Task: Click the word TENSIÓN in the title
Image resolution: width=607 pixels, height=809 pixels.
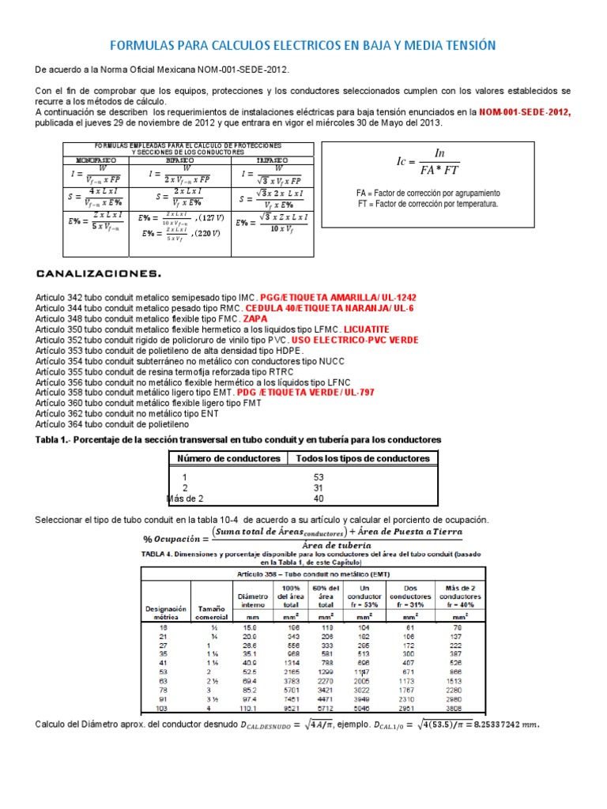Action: (464, 46)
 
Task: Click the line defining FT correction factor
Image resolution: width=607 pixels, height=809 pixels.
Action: (428, 204)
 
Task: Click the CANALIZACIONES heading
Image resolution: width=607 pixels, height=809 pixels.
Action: (99, 274)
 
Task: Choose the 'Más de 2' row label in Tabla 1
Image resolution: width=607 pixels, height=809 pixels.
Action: (185, 499)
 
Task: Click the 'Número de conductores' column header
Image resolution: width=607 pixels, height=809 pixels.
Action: (228, 458)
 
